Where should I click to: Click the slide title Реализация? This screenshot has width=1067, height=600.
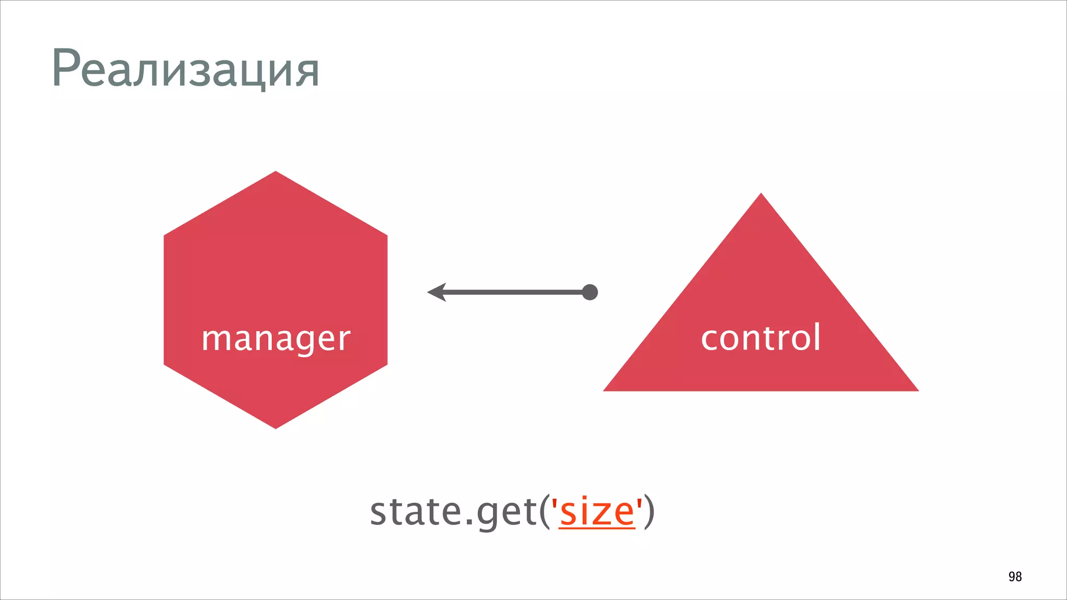[x=185, y=69]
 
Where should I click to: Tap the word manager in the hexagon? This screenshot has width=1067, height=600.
[x=276, y=339]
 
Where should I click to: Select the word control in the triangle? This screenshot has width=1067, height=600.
[x=761, y=337]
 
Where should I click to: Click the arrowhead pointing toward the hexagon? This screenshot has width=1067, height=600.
[x=437, y=292]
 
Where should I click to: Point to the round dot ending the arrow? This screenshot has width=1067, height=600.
[x=590, y=292]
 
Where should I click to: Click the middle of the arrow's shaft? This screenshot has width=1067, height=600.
[x=513, y=292]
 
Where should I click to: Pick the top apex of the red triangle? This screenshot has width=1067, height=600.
[x=761, y=195]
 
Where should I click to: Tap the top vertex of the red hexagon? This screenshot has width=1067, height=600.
[x=276, y=172]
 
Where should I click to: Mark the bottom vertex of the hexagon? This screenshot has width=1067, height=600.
[x=276, y=427]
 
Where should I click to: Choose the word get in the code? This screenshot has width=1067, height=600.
[x=506, y=513]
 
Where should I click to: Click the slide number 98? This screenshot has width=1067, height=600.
[x=1015, y=577]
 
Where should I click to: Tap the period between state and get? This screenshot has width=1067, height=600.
[x=468, y=522]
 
